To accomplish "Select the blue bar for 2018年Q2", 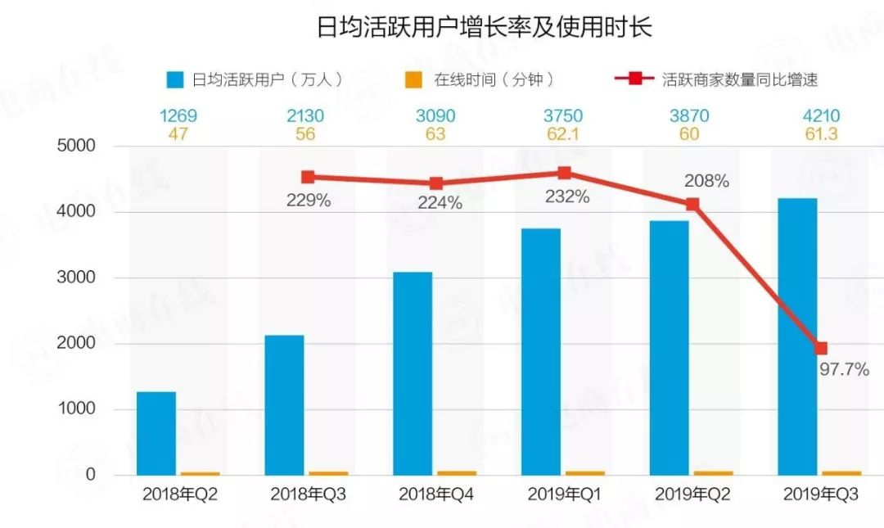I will point(156,433).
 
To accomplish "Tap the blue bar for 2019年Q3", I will point(797,336).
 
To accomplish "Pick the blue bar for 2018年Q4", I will point(413,372).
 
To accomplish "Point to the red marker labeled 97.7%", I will point(821,348).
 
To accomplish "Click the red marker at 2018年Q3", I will point(308,177).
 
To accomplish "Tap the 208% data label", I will point(706,181).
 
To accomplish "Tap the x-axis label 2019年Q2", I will point(692,494).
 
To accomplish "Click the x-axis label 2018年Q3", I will point(308,494).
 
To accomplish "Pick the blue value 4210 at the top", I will point(820,116).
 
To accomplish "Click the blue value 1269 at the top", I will point(178,116).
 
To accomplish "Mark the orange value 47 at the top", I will point(178,133).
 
